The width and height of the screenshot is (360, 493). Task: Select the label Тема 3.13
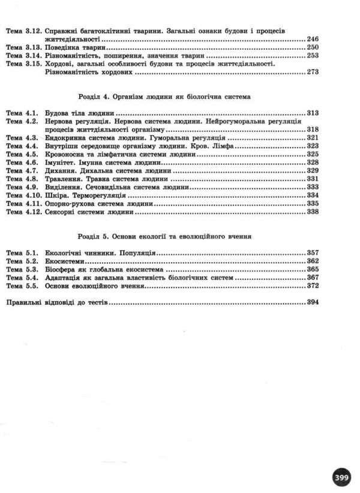coord(22,47)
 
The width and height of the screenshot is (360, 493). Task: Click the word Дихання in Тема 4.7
coord(61,170)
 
